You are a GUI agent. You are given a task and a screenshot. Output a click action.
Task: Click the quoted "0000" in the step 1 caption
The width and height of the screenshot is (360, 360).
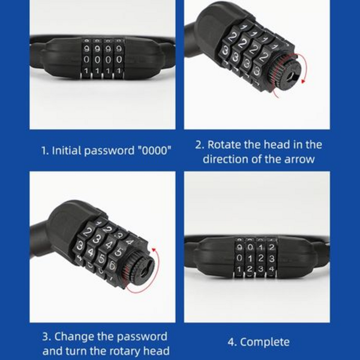pos(154,151)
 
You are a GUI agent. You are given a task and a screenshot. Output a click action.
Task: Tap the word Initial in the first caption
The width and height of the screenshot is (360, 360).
pos(67,151)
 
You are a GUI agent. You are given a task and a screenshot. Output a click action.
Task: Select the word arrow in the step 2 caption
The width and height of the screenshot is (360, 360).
pos(299,159)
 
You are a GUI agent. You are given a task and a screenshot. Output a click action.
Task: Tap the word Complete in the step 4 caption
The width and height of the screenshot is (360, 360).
pos(265,342)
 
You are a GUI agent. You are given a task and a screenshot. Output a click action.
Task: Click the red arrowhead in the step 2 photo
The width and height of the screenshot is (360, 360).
pos(303,81)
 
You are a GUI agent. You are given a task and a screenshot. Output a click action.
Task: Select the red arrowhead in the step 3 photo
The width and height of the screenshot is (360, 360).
pos(154,250)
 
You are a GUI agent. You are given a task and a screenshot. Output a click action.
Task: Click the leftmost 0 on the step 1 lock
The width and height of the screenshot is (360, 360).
pos(86,59)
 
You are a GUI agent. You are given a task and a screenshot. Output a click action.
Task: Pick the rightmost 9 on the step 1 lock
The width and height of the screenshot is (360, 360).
pos(119,49)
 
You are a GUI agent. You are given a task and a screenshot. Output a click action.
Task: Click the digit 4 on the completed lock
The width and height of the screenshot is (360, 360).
pos(271,269)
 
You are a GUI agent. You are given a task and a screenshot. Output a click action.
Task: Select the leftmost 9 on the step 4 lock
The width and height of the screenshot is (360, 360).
pos(239,247)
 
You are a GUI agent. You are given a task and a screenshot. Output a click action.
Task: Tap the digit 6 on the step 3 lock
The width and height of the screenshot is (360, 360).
pos(112,266)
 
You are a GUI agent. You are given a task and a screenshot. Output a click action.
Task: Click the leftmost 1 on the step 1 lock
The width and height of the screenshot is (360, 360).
pos(86,71)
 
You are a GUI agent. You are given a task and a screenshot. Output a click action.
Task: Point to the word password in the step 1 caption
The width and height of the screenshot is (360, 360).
pos(109,151)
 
